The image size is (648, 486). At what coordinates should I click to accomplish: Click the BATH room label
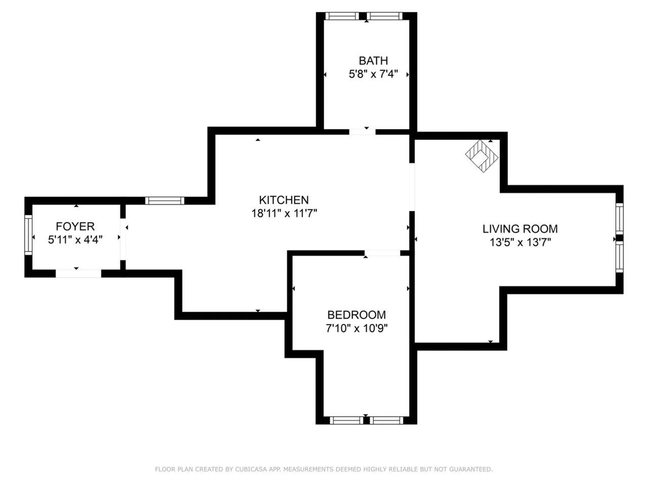pyautogui.click(x=373, y=61)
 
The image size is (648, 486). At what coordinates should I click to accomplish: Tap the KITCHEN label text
pyautogui.click(x=284, y=200)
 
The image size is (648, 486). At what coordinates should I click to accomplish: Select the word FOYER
pyautogui.click(x=75, y=226)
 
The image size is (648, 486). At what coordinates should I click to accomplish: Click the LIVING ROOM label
pyautogui.click(x=520, y=229)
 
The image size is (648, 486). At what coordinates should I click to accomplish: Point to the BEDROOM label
pyautogui.click(x=356, y=315)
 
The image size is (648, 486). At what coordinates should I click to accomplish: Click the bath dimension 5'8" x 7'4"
pyautogui.click(x=373, y=74)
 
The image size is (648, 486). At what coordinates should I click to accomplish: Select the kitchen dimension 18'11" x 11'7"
pyautogui.click(x=284, y=213)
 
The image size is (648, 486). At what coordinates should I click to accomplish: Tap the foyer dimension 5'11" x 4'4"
pyautogui.click(x=75, y=240)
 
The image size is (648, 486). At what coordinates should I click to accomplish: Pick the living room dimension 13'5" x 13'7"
pyautogui.click(x=520, y=242)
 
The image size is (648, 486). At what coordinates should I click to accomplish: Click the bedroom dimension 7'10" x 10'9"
pyautogui.click(x=356, y=328)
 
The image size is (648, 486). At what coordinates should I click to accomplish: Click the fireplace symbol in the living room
pyautogui.click(x=482, y=156)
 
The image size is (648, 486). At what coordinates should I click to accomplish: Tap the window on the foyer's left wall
pyautogui.click(x=28, y=235)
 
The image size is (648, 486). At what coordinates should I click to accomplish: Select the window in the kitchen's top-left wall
pyautogui.click(x=165, y=201)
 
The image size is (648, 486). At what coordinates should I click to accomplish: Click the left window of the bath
pyautogui.click(x=342, y=16)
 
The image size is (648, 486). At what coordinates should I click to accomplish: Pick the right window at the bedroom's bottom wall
pyautogui.click(x=386, y=420)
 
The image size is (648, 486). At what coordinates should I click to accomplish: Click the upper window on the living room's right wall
pyautogui.click(x=619, y=218)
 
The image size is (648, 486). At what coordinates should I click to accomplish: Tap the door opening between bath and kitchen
pyautogui.click(x=362, y=132)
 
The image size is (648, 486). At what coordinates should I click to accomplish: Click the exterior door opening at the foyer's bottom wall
pyautogui.click(x=78, y=273)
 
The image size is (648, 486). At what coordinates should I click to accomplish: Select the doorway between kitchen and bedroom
pyautogui.click(x=382, y=253)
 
